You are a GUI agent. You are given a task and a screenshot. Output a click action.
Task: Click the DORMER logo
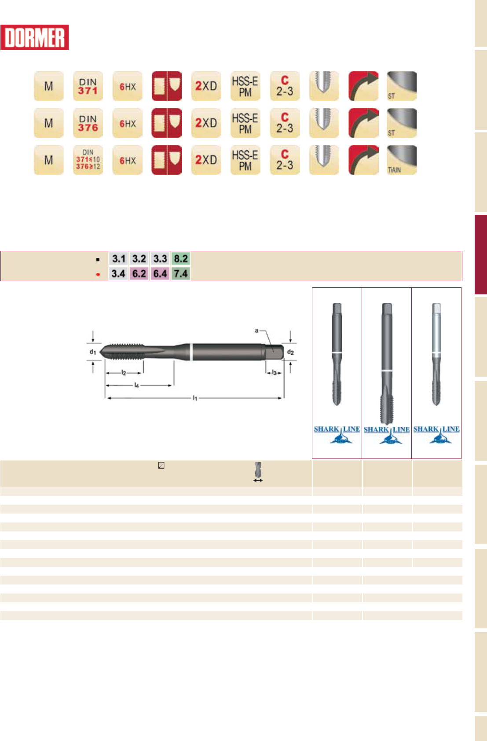[x=34, y=37]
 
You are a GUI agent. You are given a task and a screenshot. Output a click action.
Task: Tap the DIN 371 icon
[x=88, y=86]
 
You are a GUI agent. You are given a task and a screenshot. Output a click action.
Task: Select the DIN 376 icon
[x=88, y=123]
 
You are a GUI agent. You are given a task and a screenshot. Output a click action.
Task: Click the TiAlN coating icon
[x=402, y=160]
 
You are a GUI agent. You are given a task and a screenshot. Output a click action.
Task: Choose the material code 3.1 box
[x=118, y=259]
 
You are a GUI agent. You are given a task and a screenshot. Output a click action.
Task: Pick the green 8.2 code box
[x=181, y=259]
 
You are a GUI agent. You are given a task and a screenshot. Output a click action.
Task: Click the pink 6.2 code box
[x=139, y=274]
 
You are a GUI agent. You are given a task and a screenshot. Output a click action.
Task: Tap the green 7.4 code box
[x=181, y=274]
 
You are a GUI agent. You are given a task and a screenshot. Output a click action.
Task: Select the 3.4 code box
[x=118, y=274]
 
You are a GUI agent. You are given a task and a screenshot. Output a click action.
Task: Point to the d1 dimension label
[x=93, y=352]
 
